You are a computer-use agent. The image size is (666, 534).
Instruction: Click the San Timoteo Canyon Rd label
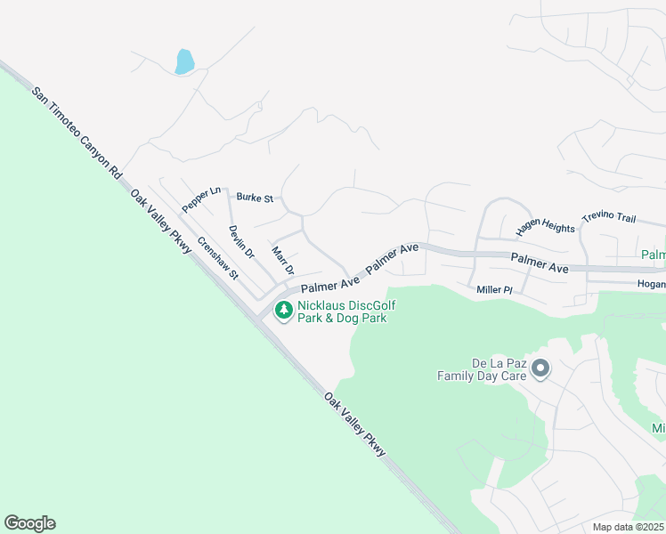[76, 132]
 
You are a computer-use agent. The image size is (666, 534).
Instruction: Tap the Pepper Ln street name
[200, 198]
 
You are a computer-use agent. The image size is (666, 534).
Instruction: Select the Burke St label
[255, 197]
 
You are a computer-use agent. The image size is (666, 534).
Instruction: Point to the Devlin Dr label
[240, 240]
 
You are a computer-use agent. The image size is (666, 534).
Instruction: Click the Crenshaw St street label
[218, 257]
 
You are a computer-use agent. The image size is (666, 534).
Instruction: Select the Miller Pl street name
[495, 289]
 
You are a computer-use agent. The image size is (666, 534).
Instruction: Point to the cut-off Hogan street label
[651, 285]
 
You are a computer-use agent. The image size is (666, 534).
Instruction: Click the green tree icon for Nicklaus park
[284, 311]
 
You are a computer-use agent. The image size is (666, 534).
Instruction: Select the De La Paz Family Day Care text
[481, 369]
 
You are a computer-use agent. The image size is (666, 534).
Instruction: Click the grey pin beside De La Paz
[540, 368]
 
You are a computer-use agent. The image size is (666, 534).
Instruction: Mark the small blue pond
[185, 61]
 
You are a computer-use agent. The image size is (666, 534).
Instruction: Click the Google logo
[29, 523]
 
